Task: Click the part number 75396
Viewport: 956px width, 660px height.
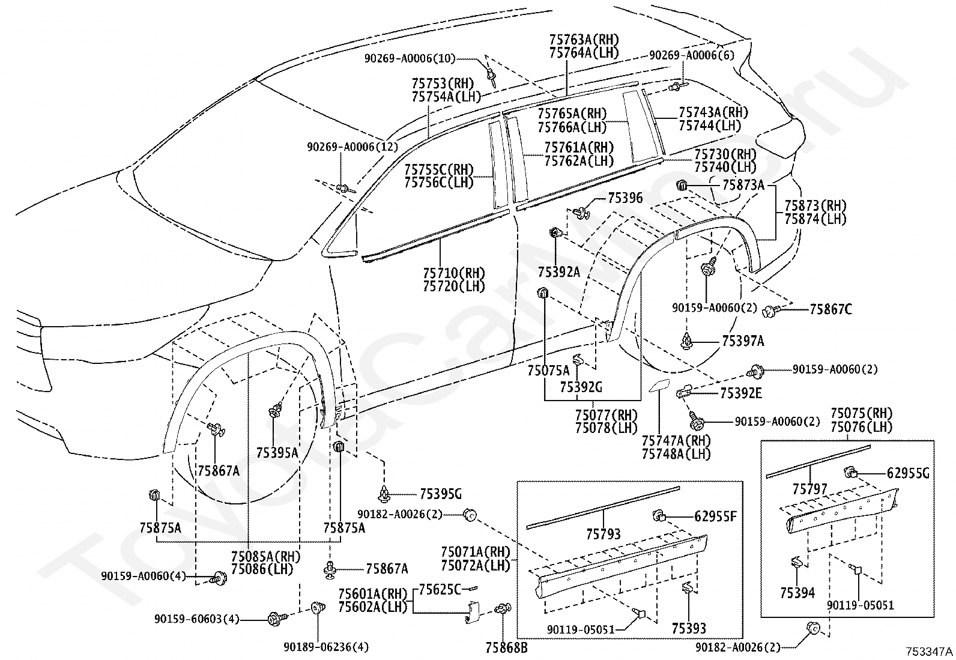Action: coord(625,198)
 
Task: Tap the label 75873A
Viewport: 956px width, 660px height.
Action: coord(743,185)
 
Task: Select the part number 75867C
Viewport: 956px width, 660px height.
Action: coord(831,309)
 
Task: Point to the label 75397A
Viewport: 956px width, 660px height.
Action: coord(743,341)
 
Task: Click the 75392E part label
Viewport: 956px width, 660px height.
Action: coord(741,393)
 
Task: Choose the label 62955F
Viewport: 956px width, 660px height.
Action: coord(715,516)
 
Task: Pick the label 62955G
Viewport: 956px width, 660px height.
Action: coord(908,473)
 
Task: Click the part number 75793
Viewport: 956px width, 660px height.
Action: coord(604,534)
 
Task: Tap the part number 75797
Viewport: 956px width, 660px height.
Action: coord(810,489)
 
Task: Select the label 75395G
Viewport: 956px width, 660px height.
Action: coord(441,494)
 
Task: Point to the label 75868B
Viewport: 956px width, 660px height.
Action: coord(507,647)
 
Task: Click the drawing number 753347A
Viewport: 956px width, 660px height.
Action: coord(929,652)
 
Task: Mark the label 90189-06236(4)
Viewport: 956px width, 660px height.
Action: coord(326,647)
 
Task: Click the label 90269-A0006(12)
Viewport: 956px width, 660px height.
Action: coord(352,147)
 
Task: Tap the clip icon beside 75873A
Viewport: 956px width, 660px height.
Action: coord(682,186)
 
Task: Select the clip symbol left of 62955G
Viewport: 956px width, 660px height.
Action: coord(850,473)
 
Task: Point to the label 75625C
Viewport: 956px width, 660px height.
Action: coord(440,590)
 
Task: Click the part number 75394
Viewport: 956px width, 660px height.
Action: coord(797,593)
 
